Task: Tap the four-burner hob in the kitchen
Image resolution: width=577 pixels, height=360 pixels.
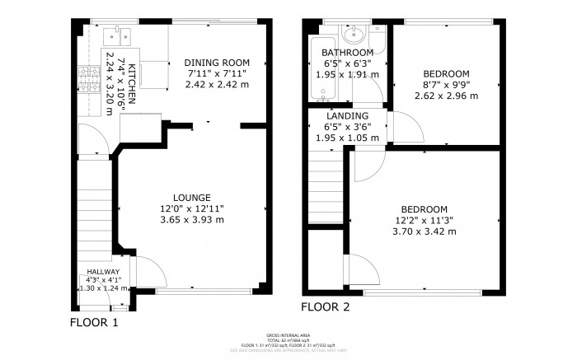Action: tap(86, 78)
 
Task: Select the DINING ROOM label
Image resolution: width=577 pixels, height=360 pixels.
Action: tap(217, 63)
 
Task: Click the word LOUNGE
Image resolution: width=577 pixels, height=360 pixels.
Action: tap(191, 197)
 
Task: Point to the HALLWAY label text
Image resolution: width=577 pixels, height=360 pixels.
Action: tap(104, 271)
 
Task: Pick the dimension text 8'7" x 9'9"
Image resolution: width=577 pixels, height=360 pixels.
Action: tap(446, 84)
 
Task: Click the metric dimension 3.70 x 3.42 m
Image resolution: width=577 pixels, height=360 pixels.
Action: tap(424, 231)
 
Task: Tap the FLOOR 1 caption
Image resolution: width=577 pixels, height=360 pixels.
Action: tap(94, 322)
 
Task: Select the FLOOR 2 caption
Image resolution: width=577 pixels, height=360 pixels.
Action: tap(325, 307)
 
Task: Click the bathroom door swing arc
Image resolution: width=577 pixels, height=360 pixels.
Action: tap(375, 87)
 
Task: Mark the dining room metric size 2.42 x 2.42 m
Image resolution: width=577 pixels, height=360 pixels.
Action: tap(217, 84)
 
